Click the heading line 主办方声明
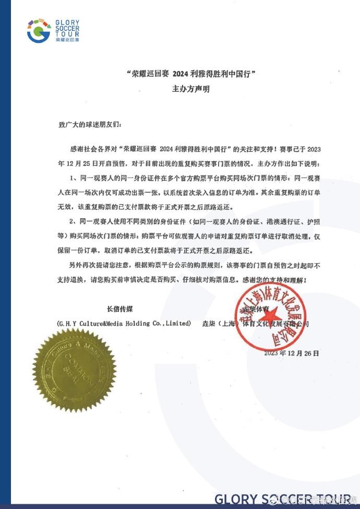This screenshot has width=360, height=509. (x=191, y=89)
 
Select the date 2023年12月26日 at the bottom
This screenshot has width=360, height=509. (x=292, y=353)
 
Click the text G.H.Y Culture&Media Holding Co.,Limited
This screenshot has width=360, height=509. (x=124, y=324)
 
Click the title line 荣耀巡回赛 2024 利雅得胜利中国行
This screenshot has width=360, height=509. (x=191, y=75)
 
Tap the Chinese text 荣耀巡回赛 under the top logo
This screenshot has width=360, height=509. (x=66, y=40)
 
